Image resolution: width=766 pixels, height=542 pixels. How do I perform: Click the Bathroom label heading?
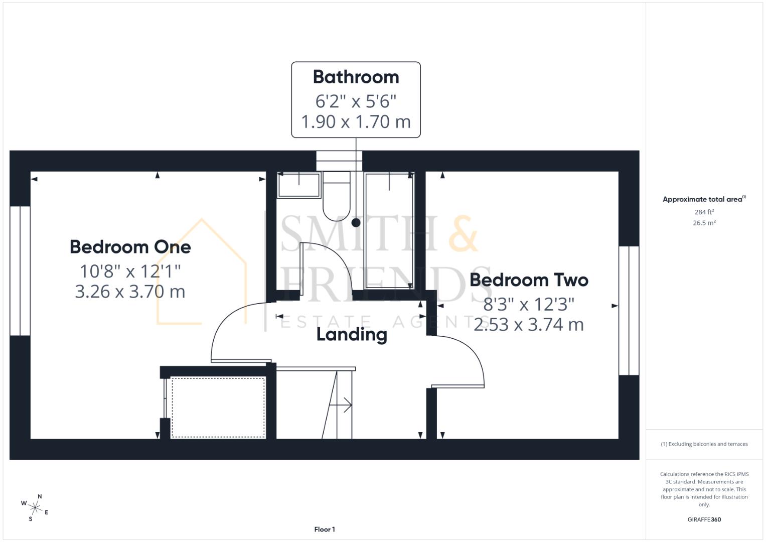tap(356, 77)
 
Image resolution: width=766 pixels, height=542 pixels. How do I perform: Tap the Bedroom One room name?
tap(130, 247)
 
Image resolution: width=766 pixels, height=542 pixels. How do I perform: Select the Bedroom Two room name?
tap(529, 280)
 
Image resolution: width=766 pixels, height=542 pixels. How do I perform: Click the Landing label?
tap(352, 334)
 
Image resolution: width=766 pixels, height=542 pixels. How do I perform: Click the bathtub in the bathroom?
tap(389, 231)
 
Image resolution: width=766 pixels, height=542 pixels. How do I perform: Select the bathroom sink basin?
tap(299, 185)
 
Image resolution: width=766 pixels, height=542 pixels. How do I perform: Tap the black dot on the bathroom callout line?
tap(356, 222)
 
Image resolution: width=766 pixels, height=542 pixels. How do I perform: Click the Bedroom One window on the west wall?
tap(20, 270)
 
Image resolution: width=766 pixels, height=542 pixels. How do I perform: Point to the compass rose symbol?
tap(35, 507)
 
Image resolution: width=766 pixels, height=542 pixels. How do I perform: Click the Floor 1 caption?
tap(325, 529)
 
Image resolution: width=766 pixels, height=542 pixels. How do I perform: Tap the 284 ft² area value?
tap(704, 212)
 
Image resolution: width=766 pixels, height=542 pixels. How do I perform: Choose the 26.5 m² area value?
tap(704, 223)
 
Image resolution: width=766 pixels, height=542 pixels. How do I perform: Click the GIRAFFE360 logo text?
tap(704, 519)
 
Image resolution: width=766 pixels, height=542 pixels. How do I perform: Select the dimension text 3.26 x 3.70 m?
tap(130, 292)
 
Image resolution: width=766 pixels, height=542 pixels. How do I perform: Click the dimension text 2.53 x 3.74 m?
tap(529, 325)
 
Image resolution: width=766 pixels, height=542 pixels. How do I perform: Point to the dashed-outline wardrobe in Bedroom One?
tap(218, 408)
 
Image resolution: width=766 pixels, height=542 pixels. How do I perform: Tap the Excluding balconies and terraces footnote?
tap(704, 444)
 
